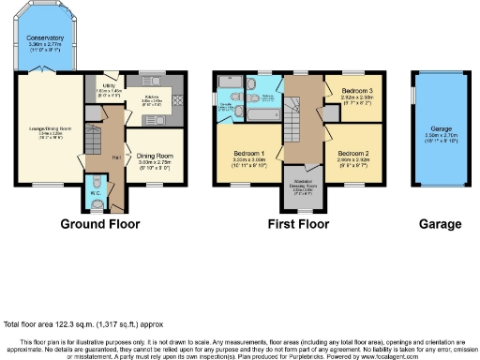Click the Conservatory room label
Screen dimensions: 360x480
[x=46, y=38]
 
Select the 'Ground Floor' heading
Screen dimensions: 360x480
[x=99, y=224]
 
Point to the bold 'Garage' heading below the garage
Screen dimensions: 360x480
[x=440, y=224]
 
